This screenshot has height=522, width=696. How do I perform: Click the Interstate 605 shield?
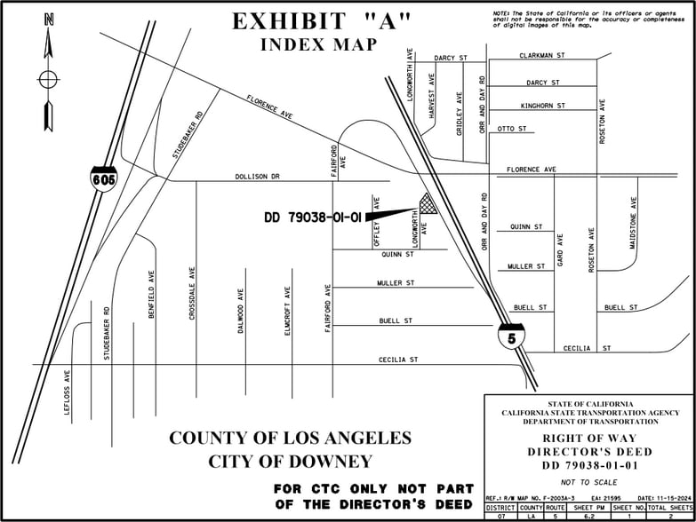(x=102, y=176)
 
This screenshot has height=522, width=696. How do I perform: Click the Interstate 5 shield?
(x=511, y=336)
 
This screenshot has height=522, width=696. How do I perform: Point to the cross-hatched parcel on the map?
(x=429, y=204)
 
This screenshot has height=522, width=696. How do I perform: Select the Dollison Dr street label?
(x=257, y=177)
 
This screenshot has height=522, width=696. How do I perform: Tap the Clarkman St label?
(x=541, y=55)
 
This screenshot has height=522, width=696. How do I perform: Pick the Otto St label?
(x=511, y=129)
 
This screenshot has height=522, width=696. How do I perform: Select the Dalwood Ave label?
(x=240, y=311)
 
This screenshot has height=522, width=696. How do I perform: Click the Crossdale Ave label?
(x=192, y=292)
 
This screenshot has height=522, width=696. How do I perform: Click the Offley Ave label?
(x=377, y=221)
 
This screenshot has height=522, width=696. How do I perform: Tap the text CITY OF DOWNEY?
(x=290, y=461)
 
